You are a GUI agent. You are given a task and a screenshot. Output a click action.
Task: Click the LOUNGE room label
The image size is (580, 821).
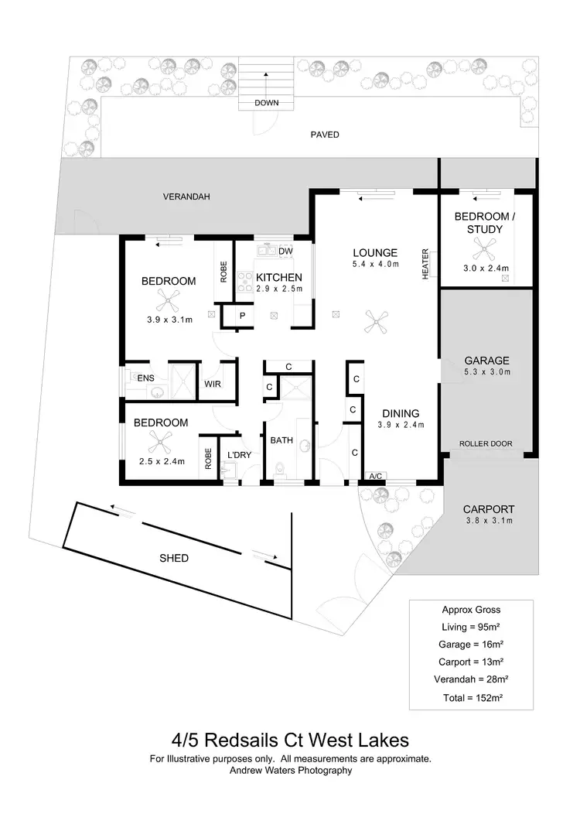point(375,252)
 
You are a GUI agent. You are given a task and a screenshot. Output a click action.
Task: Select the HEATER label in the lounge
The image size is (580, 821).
point(425,265)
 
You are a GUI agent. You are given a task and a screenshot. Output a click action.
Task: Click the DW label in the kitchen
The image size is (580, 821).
point(285,251)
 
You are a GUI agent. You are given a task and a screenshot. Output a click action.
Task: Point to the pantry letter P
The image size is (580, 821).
point(242,316)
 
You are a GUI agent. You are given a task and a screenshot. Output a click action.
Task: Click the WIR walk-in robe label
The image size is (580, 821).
point(213,384)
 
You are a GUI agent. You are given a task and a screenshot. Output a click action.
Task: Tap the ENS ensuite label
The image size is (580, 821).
point(145,378)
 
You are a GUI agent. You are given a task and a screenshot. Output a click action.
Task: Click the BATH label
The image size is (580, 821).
point(281,440)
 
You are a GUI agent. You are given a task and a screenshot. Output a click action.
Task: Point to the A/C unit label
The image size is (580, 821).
point(377,476)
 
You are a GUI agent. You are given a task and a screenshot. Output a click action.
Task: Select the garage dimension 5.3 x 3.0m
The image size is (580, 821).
point(487,372)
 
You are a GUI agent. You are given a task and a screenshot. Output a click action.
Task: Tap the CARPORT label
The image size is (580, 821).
point(488,509)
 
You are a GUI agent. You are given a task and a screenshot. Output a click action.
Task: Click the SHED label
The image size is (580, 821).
point(173,558)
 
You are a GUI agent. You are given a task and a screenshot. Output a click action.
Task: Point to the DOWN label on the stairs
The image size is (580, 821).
point(266,103)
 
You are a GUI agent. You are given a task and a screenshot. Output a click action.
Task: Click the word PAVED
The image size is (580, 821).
point(325,135)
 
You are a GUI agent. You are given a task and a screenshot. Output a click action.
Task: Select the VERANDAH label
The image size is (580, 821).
point(186,197)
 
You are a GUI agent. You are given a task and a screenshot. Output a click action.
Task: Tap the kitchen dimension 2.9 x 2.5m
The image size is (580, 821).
point(278,289)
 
